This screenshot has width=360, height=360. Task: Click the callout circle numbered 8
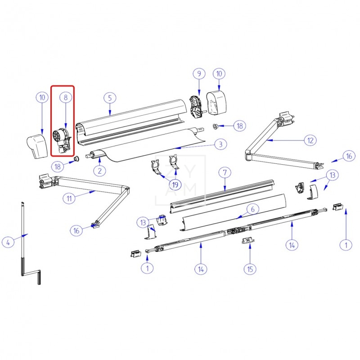coord(65,97)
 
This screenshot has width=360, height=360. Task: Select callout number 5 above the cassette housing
coord(110,97)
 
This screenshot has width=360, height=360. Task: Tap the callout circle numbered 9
coord(198,73)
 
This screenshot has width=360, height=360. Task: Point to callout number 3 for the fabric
coord(220,144)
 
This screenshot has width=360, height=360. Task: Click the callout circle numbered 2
coord(99,170)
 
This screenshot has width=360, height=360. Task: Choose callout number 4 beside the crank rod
coord(8,242)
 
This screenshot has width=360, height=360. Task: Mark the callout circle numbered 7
coord(224,172)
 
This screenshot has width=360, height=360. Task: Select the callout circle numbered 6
coord(253,209)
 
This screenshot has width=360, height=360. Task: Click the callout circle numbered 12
coord(310,140)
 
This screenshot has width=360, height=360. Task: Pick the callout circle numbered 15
coord(250,269)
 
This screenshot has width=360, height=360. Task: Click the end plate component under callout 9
coord(196,107)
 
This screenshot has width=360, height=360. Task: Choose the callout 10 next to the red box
coord(42,97)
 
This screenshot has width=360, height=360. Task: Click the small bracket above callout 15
coord(247,241)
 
